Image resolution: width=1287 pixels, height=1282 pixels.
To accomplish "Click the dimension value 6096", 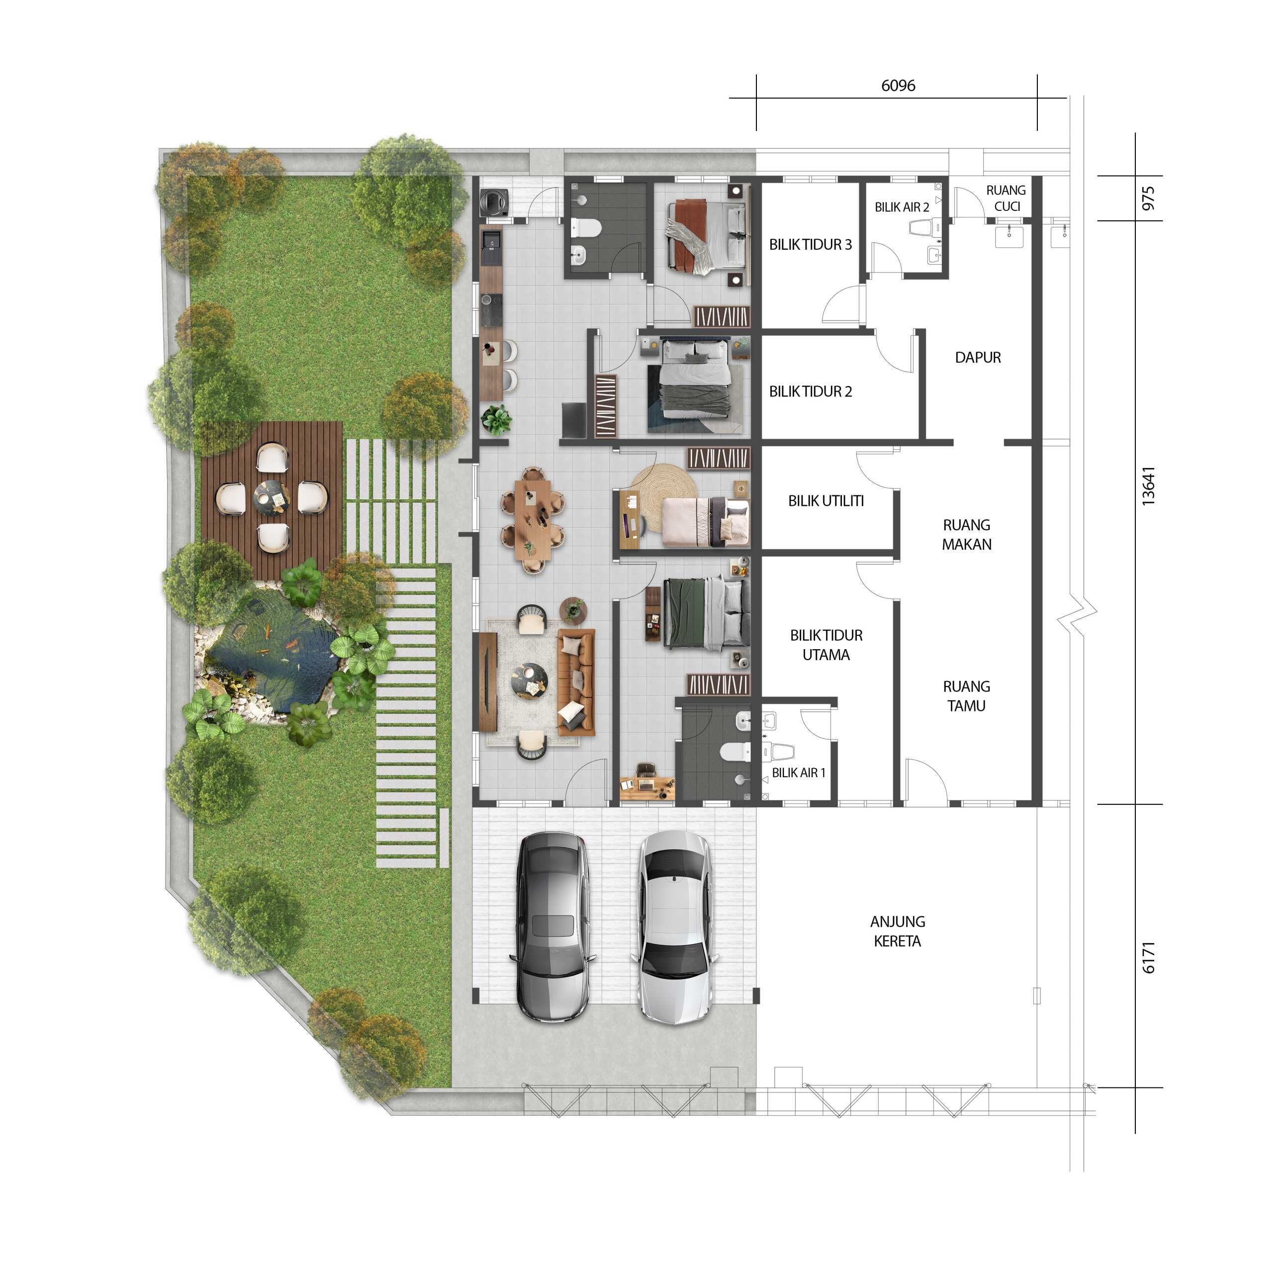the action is [898, 85].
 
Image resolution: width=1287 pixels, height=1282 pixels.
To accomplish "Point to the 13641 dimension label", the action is [1148, 487].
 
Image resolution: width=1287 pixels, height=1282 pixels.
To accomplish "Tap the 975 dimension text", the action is [1148, 198].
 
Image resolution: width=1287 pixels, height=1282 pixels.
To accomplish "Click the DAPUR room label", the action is [977, 358].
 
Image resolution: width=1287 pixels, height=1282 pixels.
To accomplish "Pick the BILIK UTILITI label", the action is [826, 501].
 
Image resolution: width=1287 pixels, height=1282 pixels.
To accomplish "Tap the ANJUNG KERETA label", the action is [897, 931].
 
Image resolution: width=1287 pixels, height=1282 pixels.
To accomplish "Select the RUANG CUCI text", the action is [1007, 198].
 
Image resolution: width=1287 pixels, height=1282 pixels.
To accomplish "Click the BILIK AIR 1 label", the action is [799, 773].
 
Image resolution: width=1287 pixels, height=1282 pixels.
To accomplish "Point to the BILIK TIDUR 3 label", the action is [810, 245].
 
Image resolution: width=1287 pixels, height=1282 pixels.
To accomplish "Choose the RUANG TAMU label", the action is [967, 695].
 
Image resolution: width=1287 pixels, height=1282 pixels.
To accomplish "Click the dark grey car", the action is [552, 927].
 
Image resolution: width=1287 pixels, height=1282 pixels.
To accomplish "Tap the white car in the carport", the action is [674, 927].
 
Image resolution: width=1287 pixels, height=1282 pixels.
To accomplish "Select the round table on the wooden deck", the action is [271, 497].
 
